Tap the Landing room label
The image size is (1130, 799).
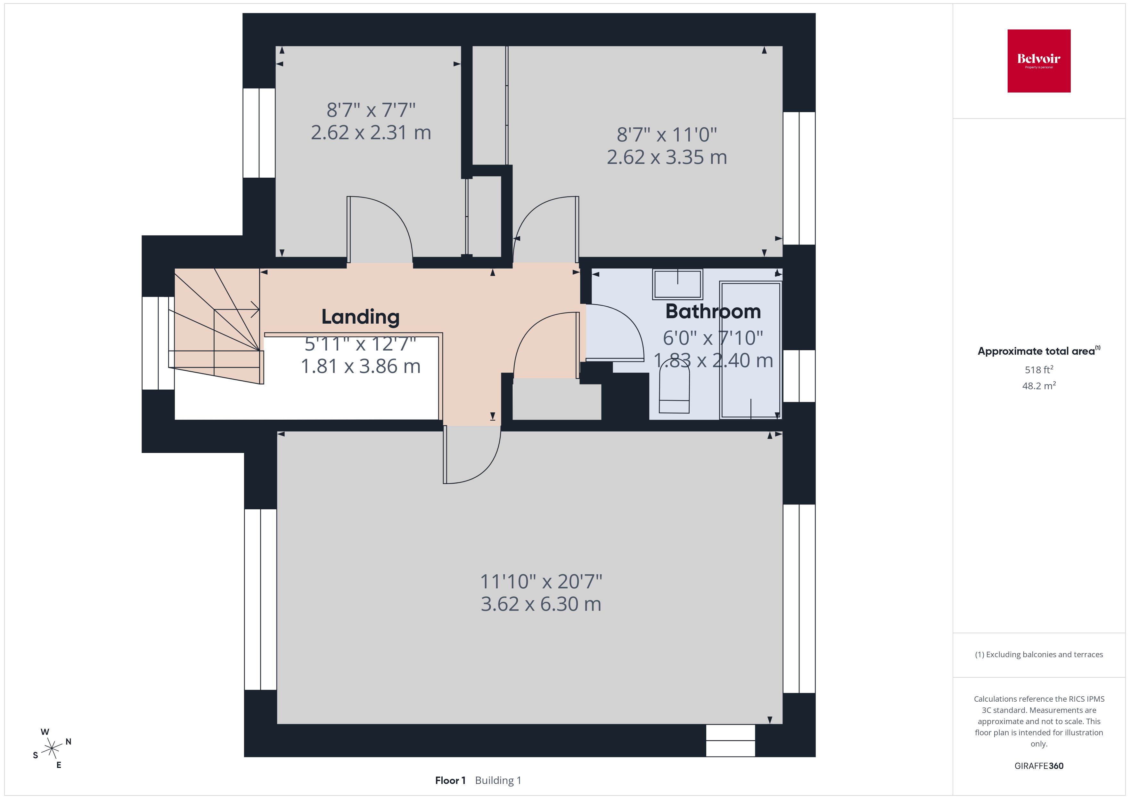[x=360, y=317]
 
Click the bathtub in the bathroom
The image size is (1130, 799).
[x=750, y=350]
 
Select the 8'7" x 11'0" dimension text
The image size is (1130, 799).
[x=667, y=134]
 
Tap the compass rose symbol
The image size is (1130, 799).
[x=52, y=749]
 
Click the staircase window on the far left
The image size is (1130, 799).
[x=158, y=343]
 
